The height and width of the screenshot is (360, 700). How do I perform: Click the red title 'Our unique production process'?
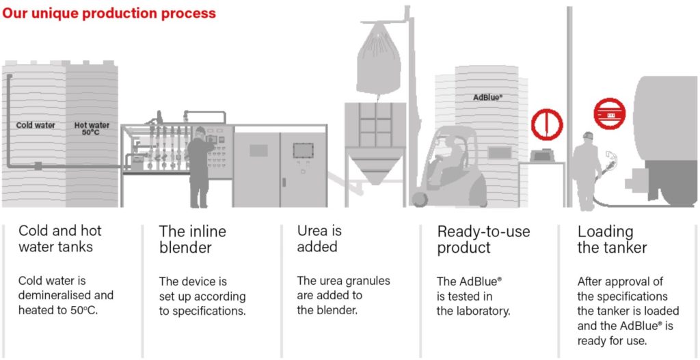[x=109, y=14]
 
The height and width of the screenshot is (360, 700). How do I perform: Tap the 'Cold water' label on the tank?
[x=36, y=126]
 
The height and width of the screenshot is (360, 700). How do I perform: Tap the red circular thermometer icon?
[x=547, y=125]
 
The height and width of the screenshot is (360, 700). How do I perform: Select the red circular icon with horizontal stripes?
[x=609, y=115]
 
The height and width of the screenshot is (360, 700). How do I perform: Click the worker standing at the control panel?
[x=199, y=167]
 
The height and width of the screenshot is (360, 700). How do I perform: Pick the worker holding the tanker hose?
[x=587, y=169]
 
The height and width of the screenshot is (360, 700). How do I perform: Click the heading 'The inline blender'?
[x=193, y=239]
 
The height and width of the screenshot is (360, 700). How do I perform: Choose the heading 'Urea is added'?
[x=319, y=238]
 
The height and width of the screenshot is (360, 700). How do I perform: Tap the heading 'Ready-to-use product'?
[x=483, y=239]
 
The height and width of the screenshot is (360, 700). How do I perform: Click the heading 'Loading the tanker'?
[x=612, y=239]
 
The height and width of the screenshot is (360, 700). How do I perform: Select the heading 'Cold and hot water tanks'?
[x=60, y=238]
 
